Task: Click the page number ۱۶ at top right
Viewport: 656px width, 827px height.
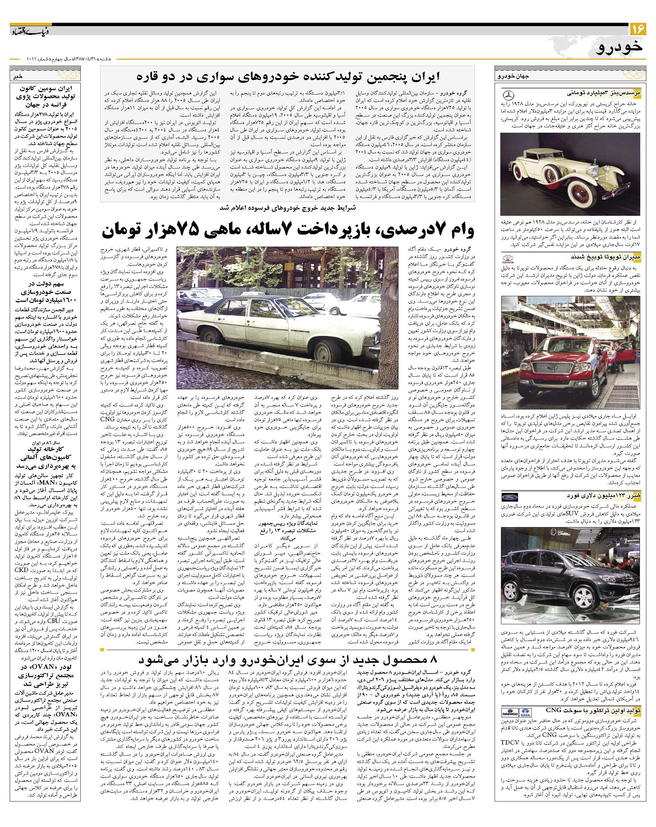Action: point(638,29)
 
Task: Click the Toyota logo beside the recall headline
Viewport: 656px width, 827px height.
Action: point(508,257)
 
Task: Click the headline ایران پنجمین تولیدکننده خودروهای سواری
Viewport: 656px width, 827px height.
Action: point(288,76)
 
